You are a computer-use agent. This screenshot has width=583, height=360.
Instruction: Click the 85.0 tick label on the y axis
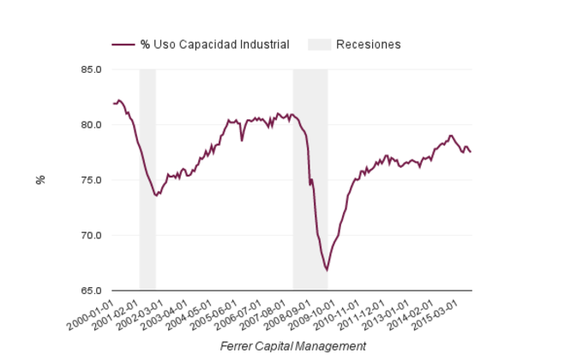click(x=91, y=69)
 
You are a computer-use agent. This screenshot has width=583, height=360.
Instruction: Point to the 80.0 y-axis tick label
click(x=91, y=124)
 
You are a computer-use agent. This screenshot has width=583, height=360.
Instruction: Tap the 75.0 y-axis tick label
click(x=91, y=180)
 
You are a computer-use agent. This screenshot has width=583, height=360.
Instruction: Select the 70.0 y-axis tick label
click(x=91, y=235)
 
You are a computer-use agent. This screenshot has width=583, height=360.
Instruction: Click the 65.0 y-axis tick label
click(x=91, y=291)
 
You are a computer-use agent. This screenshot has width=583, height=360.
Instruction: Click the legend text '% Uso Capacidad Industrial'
click(x=214, y=45)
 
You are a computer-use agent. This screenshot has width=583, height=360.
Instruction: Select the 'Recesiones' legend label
click(x=369, y=45)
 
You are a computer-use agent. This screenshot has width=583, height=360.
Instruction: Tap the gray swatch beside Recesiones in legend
click(x=318, y=45)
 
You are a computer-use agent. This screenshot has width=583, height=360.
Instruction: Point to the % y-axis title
click(x=40, y=180)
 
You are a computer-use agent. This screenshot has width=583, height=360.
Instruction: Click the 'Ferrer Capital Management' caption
click(x=293, y=346)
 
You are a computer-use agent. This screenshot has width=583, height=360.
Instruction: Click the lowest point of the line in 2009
click(x=327, y=270)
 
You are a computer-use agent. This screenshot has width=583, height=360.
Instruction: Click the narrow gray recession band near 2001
click(x=147, y=240)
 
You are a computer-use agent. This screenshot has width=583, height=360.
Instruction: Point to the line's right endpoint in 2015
click(x=470, y=152)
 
